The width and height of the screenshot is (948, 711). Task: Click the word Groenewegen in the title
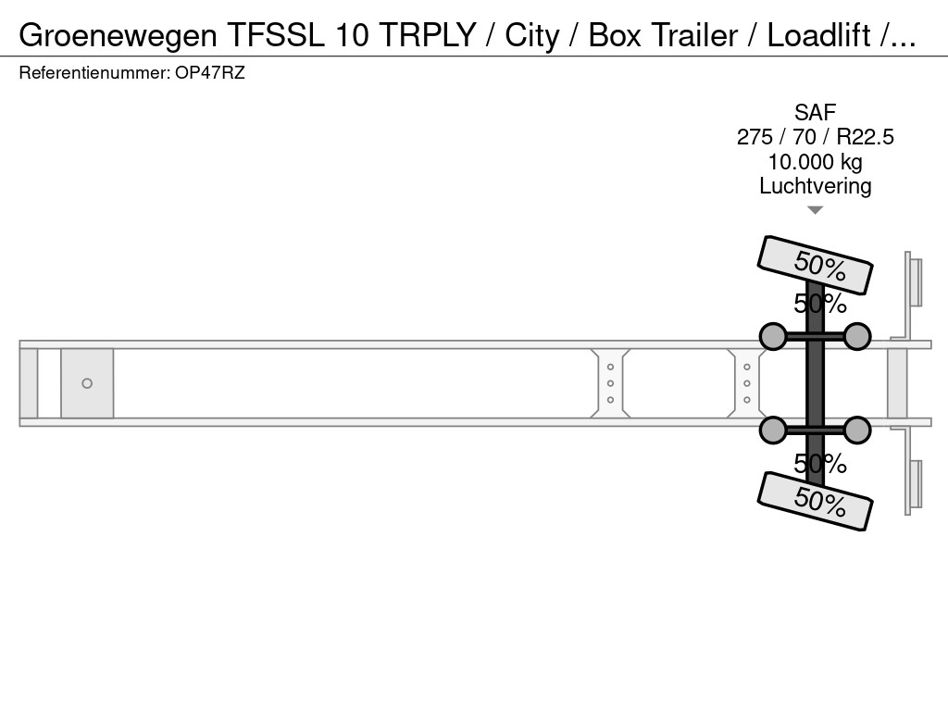pos(118,36)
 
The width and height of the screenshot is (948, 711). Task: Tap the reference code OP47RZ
pos(210,73)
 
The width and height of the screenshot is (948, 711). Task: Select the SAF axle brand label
pos(815,112)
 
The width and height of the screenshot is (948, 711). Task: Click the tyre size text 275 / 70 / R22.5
pos(815,137)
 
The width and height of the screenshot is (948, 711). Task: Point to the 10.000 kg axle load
pos(815,162)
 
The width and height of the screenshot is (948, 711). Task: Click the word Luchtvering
pos(815,186)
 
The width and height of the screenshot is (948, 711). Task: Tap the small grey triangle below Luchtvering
pos(815,210)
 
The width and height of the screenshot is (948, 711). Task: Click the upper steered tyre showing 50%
pos(815,265)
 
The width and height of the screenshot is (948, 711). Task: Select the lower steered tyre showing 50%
pos(815,501)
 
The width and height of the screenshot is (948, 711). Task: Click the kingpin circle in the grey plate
pos(87,383)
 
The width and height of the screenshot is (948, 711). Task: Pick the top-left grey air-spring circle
pos(773,336)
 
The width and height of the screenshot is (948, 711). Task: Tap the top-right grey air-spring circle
pos(857,336)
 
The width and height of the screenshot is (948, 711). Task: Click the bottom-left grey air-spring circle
pos(773,430)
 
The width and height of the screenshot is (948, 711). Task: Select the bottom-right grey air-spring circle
pos(857,430)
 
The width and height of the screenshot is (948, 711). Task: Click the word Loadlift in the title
pos(819,36)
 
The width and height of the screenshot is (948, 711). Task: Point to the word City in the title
pos(532,36)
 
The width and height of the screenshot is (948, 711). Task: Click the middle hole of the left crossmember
pos(611,383)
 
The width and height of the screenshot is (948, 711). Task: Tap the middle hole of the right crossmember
pos(747,383)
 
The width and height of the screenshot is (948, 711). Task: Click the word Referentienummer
pos(94,73)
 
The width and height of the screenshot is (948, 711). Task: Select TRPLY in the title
pos(428,36)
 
